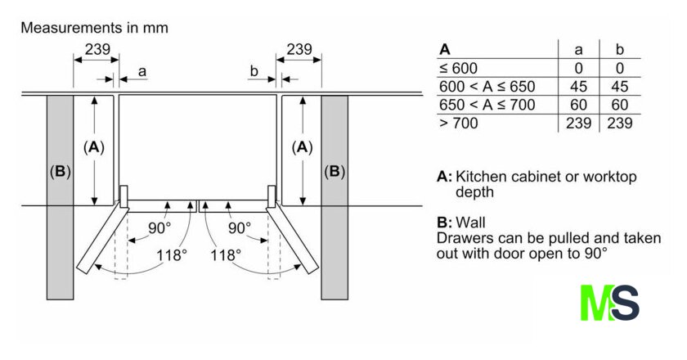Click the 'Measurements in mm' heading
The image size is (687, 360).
click(x=94, y=28)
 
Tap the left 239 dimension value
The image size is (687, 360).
click(x=97, y=50)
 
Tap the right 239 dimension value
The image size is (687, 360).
click(x=299, y=50)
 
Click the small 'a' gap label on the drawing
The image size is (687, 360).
click(x=141, y=72)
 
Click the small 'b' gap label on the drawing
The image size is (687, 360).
click(x=254, y=72)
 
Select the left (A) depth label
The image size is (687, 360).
click(x=95, y=147)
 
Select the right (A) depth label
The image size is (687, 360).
click(x=303, y=147)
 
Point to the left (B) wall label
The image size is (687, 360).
click(x=61, y=172)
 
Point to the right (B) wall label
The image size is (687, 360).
click(x=335, y=172)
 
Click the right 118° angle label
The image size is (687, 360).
click(x=225, y=254)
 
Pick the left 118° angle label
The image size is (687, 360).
click(x=172, y=254)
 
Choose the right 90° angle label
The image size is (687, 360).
click(x=238, y=227)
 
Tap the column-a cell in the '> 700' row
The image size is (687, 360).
click(x=578, y=123)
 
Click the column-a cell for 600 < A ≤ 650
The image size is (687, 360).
click(x=578, y=86)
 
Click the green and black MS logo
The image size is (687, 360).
click(x=609, y=302)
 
